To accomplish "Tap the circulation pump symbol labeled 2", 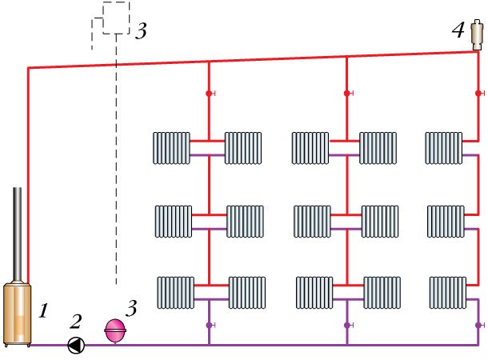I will [77, 346].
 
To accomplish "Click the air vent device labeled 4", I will [478, 34].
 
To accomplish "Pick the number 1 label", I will [44, 306].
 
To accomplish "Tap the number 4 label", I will [457, 31].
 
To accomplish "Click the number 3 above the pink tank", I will [133, 306].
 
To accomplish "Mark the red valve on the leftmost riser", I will [209, 94].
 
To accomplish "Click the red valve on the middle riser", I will [346, 94].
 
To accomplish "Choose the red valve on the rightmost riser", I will [478, 94].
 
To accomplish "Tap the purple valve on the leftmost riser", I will [209, 326].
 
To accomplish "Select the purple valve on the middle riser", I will [346, 326].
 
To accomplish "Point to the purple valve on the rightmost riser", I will [478, 326].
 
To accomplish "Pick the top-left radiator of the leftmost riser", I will [171, 148].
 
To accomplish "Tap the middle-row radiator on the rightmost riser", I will [445, 221].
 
